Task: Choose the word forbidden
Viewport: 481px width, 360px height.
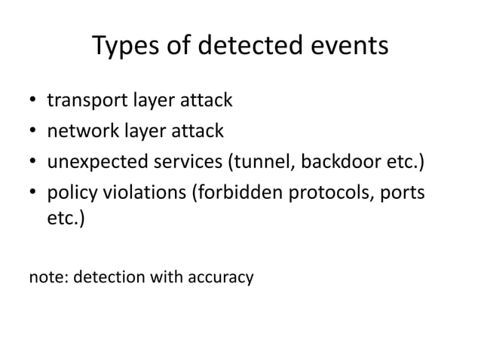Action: point(240,194)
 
